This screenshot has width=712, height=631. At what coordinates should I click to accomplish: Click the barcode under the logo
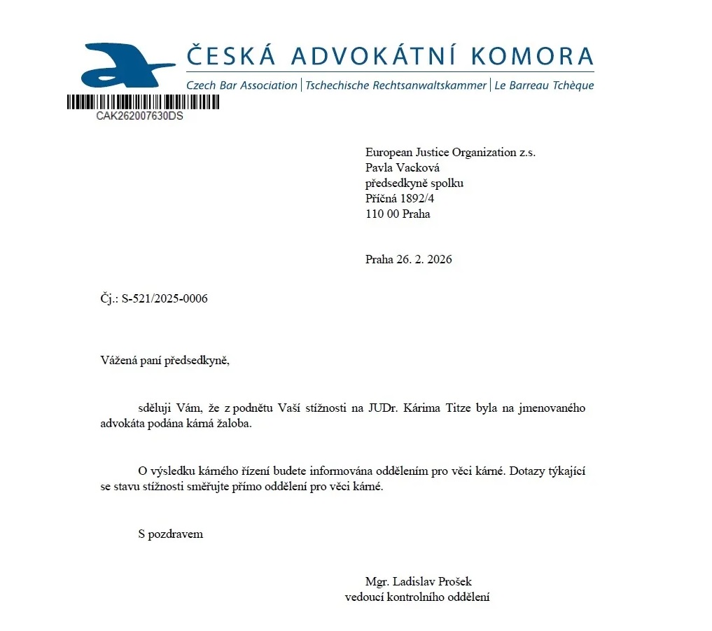143,102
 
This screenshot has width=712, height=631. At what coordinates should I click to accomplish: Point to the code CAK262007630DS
139,116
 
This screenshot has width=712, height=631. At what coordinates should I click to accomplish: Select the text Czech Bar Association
242,85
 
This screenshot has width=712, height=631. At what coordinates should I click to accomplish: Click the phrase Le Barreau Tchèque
544,85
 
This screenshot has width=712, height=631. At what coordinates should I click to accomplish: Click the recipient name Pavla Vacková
403,168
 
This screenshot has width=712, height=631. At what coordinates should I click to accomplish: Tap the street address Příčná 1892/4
400,199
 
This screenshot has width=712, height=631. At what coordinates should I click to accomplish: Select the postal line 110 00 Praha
398,214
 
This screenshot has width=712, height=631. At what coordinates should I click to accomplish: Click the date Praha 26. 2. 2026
409,259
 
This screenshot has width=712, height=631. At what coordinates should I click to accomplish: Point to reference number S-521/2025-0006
165,298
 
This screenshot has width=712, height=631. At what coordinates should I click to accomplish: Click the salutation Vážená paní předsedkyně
165,361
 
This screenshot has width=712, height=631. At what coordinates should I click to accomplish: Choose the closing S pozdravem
171,534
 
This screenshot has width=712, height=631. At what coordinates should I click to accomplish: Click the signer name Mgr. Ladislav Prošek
419,582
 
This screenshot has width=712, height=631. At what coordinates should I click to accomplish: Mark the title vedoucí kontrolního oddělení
417,597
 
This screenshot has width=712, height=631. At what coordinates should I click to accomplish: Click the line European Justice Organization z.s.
450,153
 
